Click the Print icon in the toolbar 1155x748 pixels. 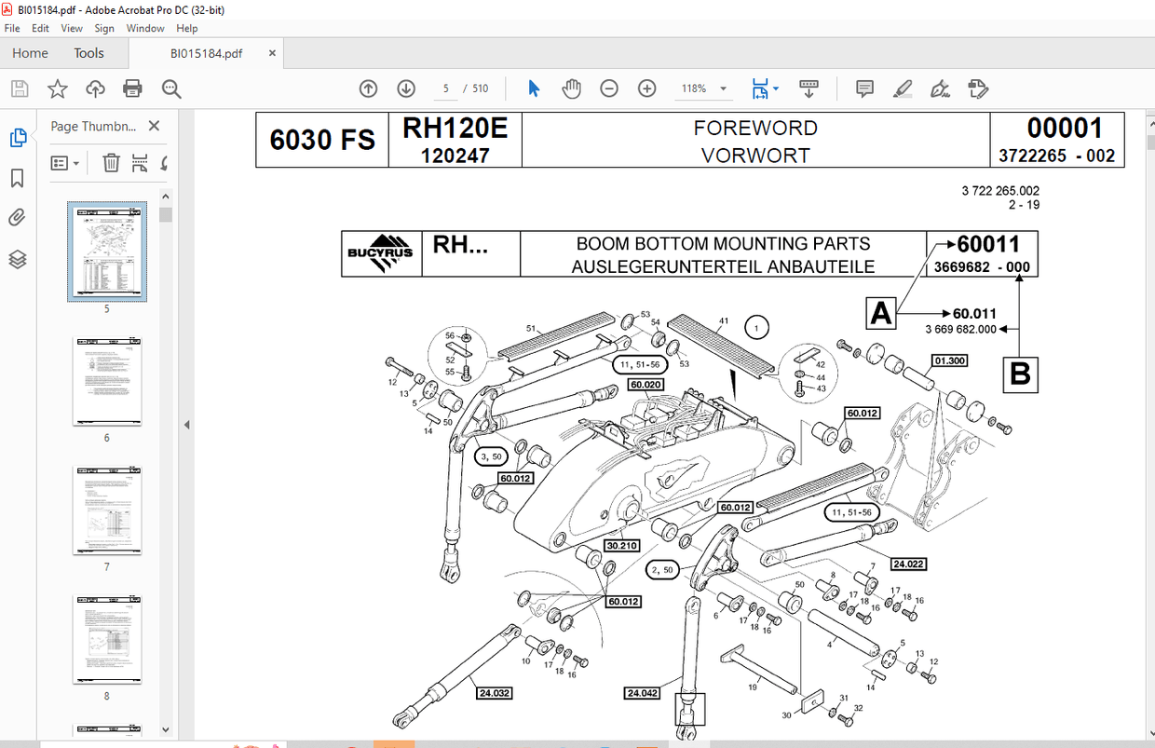[x=132, y=88]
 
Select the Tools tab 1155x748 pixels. [x=89, y=53]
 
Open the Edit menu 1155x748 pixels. [x=39, y=28]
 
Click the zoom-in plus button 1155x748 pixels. [x=646, y=88]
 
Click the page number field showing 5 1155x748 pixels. [x=446, y=88]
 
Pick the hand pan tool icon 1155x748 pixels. [x=571, y=88]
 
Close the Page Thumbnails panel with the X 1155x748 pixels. [x=154, y=126]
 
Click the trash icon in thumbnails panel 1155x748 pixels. [x=111, y=163]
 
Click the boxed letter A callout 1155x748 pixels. [x=881, y=314]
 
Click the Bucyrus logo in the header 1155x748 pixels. [x=381, y=253]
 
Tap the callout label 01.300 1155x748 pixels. [x=948, y=360]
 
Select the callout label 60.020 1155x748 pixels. [x=645, y=384]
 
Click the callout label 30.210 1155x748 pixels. [x=622, y=545]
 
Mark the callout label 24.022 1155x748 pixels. [x=908, y=564]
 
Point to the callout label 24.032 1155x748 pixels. [x=494, y=692]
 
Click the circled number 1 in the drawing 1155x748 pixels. [x=757, y=328]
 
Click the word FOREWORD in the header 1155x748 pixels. [x=754, y=128]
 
